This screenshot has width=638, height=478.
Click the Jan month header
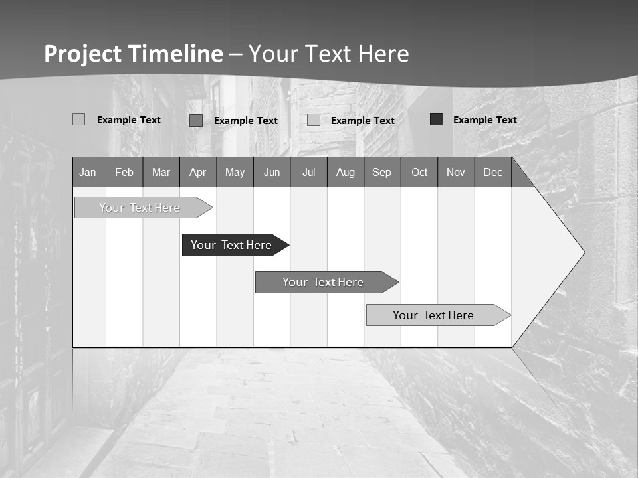[88, 173]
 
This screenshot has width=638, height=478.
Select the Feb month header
[124, 173]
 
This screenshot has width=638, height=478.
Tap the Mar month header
[161, 173]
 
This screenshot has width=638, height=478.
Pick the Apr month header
[198, 173]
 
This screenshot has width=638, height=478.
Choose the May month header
[235, 173]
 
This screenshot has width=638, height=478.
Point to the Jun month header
[272, 173]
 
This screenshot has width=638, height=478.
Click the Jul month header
[308, 173]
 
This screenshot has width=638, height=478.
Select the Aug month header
[346, 173]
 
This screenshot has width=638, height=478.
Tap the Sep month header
[382, 173]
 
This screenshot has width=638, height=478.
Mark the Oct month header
[419, 173]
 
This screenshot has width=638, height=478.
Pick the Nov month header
[456, 173]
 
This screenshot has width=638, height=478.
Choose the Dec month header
[493, 173]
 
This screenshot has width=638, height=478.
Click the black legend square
[437, 119]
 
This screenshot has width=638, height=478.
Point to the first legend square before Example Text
[79, 119]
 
